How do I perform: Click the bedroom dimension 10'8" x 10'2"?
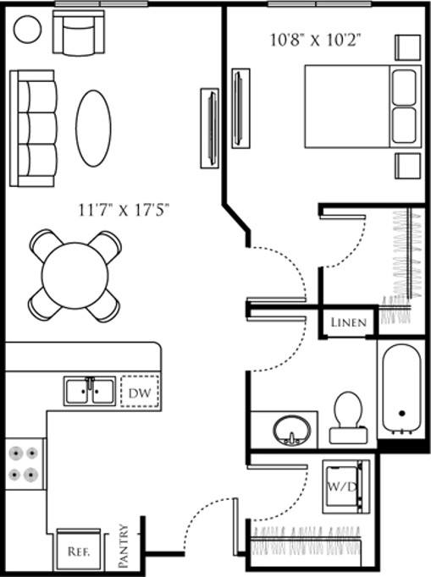click(x=312, y=39)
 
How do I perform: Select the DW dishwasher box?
click(x=140, y=392)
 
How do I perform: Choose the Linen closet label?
click(x=348, y=322)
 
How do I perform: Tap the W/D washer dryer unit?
click(x=346, y=487)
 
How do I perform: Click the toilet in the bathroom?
click(x=348, y=416)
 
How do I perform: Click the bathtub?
click(x=401, y=391)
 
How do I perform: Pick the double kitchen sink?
click(x=90, y=391)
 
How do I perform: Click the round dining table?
click(x=75, y=275)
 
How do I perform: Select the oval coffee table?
click(x=93, y=128)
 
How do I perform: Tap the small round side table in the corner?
click(x=28, y=30)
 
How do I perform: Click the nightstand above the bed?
click(x=406, y=47)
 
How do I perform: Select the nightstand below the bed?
click(x=406, y=166)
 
